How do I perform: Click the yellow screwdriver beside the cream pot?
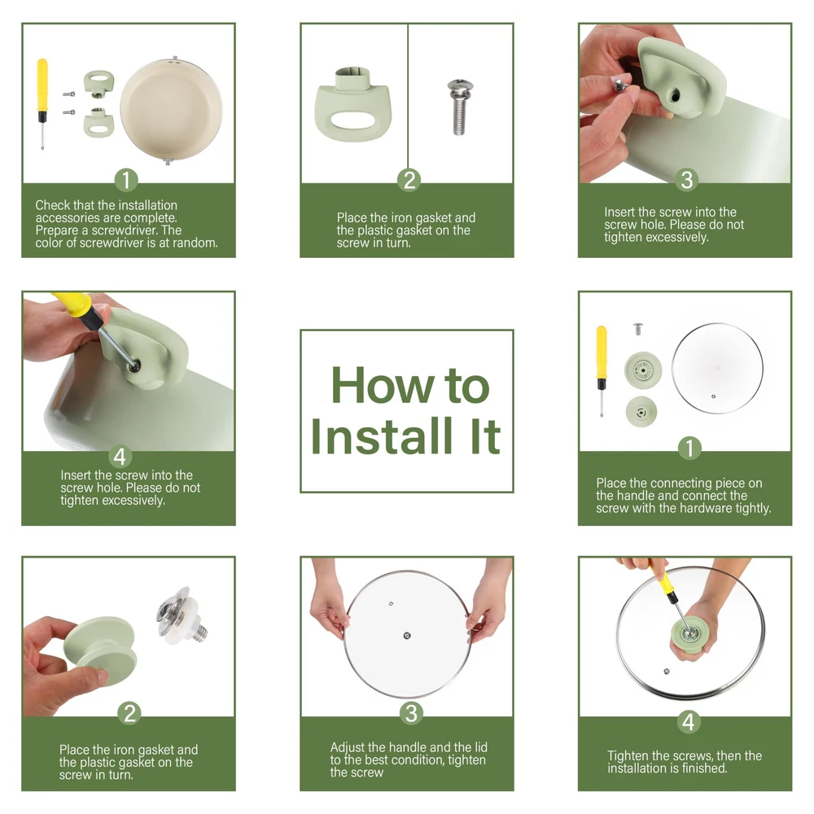42,104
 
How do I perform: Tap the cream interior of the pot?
171,109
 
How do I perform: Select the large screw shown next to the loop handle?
459,107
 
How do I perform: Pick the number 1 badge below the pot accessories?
126,180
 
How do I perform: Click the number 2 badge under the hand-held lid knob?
129,713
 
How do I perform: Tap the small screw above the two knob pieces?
638,329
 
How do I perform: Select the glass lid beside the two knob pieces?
717,368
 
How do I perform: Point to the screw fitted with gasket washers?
182,615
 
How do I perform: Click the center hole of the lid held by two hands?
407,636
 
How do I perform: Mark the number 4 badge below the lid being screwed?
689,722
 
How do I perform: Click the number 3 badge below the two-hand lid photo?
411,713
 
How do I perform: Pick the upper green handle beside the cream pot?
98,84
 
